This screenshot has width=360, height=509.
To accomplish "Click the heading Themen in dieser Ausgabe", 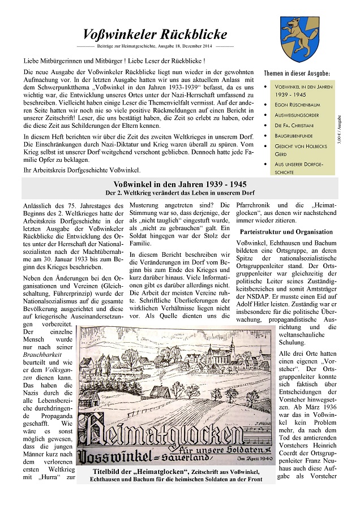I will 297,74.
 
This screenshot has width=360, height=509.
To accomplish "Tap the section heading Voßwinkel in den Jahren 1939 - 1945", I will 179,184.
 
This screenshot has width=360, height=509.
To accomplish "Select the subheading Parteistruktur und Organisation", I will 286,232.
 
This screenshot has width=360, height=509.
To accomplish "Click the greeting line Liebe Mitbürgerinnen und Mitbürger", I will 114,61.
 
